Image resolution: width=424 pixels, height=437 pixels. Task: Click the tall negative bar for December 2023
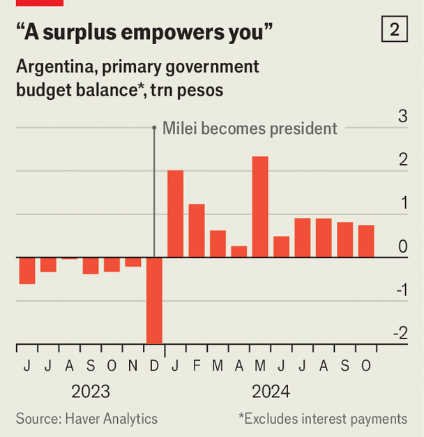[x=154, y=300]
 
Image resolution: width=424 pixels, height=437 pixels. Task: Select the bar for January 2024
[x=175, y=214]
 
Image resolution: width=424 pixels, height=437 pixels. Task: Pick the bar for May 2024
[x=260, y=207]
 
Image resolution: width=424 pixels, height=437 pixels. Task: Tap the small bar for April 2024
[x=239, y=251]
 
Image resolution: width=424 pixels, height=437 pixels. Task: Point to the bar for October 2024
[x=366, y=241]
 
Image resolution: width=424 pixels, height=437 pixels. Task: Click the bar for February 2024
[x=197, y=230]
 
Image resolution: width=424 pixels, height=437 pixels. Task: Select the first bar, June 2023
[x=27, y=270]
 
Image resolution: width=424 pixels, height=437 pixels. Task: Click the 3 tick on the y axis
[x=402, y=117]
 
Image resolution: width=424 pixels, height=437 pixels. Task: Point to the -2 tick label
[x=400, y=334]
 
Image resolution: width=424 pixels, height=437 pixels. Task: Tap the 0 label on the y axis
[x=403, y=246]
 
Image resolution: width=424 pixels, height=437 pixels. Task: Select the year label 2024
[x=271, y=391]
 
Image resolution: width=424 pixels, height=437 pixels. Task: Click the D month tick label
[x=154, y=366]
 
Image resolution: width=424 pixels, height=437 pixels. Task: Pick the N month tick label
[x=132, y=366]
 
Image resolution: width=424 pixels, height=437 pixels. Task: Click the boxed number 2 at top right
[x=395, y=29]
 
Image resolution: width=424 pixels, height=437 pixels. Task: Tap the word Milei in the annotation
[x=180, y=128]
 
